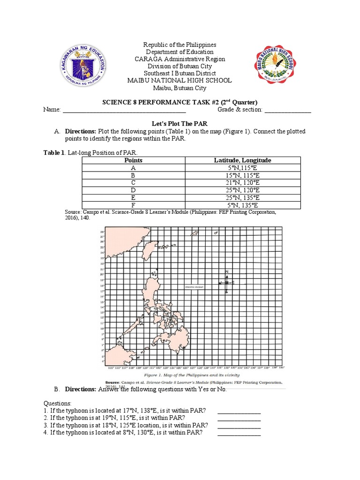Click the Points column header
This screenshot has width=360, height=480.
coord(133,160)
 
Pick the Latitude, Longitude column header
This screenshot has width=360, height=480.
coord(242,160)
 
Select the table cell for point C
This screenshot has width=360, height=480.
coord(133,182)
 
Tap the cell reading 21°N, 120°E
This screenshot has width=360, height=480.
coord(242,182)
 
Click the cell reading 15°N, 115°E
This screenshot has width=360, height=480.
coord(242,175)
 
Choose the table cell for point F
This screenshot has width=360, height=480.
coord(133,205)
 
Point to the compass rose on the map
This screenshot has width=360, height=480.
coord(226,282)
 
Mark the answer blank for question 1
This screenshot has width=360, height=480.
coord(239,412)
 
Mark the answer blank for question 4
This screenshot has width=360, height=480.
coord(239,434)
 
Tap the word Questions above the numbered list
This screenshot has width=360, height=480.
coord(58,403)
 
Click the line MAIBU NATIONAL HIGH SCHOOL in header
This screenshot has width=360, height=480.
coord(180,80)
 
